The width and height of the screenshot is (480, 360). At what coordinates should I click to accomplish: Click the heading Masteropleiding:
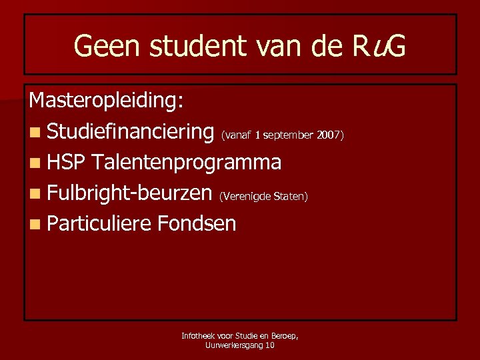107,101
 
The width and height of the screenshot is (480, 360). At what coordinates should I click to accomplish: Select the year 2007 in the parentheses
329,135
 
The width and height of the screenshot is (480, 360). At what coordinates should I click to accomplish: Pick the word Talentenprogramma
187,162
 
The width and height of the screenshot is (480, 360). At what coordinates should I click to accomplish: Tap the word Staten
291,197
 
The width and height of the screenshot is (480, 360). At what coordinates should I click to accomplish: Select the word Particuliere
99,223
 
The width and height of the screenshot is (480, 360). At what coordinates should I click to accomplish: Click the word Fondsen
197,223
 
